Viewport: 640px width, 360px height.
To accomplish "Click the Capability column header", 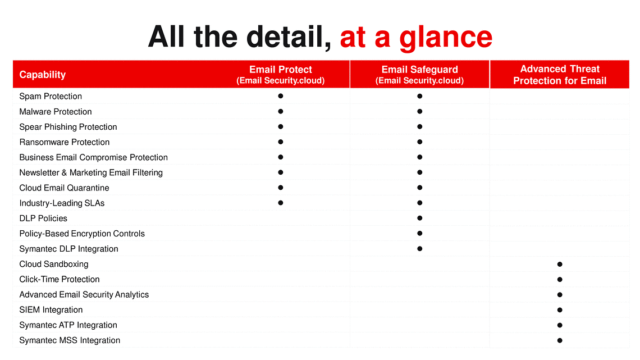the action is click(x=43, y=75).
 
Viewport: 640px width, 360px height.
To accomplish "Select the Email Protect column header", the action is click(x=280, y=75).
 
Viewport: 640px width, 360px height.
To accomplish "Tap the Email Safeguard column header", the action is click(x=419, y=75).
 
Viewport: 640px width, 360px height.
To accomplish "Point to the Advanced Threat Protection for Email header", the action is click(x=560, y=75).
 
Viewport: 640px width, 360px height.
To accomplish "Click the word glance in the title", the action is click(x=446, y=38).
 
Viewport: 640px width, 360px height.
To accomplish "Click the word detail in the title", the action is click(x=289, y=37).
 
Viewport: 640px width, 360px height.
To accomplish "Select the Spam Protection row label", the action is click(x=51, y=97).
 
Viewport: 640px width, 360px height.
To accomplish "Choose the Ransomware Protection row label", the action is click(x=65, y=142).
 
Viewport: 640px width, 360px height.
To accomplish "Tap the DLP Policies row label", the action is click(x=43, y=218).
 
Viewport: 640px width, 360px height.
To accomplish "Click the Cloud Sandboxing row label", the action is click(x=54, y=264).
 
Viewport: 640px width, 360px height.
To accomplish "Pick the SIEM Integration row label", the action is click(x=51, y=310).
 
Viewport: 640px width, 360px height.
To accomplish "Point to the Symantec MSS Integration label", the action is click(x=70, y=340).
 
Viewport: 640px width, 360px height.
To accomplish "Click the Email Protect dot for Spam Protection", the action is click(x=280, y=96).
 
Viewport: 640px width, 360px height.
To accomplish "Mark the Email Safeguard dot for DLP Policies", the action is click(x=419, y=218).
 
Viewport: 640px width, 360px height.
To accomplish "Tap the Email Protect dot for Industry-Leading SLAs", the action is click(x=280, y=203).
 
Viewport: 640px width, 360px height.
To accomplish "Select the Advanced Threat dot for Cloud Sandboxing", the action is click(x=560, y=264).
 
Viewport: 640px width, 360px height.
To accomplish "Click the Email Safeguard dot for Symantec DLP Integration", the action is click(x=419, y=249).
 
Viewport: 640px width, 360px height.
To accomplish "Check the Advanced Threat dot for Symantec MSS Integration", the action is click(x=560, y=340).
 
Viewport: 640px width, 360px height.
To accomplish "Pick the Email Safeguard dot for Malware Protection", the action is click(x=419, y=111).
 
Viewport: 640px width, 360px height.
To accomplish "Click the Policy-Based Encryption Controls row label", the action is click(x=82, y=234).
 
